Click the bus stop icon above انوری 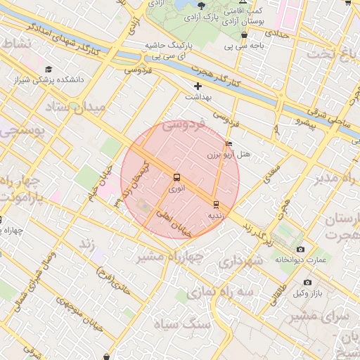pyautogui.click(x=176, y=178)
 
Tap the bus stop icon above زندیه pyautogui.click(x=215, y=204)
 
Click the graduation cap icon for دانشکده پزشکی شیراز pyautogui.click(x=49, y=69)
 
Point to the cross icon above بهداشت pyautogui.click(x=198, y=86)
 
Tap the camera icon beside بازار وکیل pyautogui.click(x=307, y=282)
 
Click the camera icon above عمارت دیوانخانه pyautogui.click(x=301, y=249)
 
